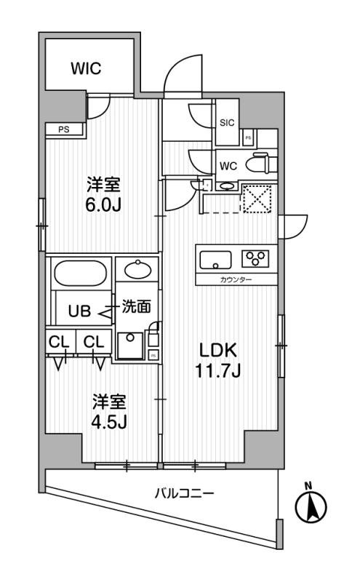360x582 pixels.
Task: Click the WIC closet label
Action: [x=85, y=68]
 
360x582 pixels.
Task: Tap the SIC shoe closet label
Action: [x=227, y=123]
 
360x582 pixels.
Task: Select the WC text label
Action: [x=228, y=166]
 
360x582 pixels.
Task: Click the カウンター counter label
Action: [x=236, y=280]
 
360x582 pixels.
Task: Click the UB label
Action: [x=78, y=312]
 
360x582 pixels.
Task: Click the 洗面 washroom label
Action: [x=135, y=307]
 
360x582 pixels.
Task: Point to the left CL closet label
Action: [x=60, y=340]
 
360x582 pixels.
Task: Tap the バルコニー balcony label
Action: [x=183, y=493]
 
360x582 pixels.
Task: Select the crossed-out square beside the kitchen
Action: [x=256, y=198]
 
